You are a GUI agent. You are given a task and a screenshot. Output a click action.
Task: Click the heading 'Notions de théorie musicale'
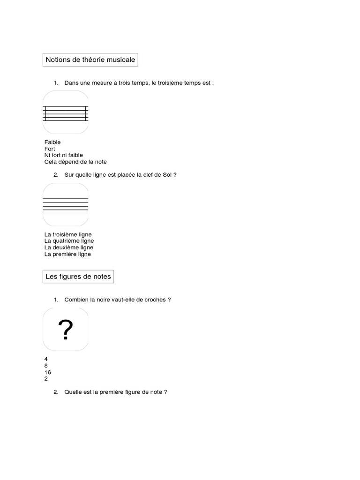90,60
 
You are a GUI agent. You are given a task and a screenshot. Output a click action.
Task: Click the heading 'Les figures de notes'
78,277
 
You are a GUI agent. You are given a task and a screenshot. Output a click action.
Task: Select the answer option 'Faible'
52,142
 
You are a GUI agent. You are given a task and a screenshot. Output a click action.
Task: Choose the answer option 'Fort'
50,149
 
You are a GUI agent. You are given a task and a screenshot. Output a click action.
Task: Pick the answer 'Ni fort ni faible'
63,155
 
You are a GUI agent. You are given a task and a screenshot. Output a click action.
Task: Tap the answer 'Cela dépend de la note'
75,162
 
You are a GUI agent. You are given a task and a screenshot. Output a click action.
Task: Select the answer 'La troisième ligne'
68,234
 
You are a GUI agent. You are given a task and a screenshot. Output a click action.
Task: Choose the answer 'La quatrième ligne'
69,241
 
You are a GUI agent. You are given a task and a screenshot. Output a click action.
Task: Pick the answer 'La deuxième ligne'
68,247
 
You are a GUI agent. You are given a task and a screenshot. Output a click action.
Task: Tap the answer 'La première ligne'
67,254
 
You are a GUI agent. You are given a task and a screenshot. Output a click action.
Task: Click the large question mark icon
66,330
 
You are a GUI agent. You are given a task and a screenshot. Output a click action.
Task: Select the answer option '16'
47,372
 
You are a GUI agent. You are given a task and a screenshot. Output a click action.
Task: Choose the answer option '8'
46,366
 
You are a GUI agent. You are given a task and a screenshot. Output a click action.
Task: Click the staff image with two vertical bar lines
66,112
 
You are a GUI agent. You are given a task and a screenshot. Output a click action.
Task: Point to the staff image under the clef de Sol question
66,205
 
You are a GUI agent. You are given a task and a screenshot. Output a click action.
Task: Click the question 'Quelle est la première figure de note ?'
116,392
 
